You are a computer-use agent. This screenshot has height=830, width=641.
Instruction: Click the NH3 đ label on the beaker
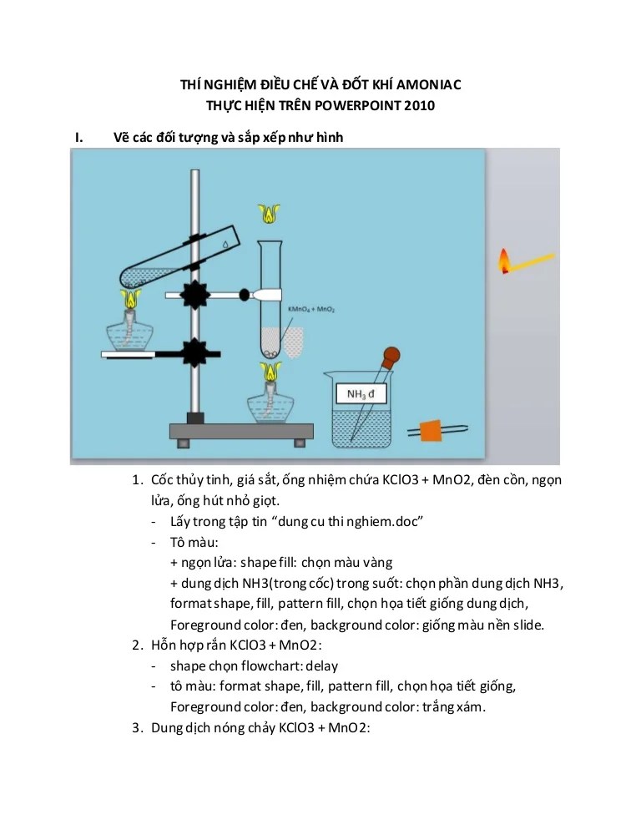coord(361,392)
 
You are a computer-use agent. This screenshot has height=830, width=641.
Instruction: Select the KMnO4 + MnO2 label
coord(311,310)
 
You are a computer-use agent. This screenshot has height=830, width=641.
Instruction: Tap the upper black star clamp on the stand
coord(199,294)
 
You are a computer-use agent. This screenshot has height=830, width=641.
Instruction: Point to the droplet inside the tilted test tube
coord(225,243)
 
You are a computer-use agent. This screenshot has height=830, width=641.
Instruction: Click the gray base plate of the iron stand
coord(241,431)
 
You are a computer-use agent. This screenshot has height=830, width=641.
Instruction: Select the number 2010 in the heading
coord(418,105)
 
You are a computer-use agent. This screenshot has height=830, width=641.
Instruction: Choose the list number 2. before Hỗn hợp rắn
coord(138,645)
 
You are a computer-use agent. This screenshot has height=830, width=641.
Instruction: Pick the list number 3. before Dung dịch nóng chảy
coord(138,727)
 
